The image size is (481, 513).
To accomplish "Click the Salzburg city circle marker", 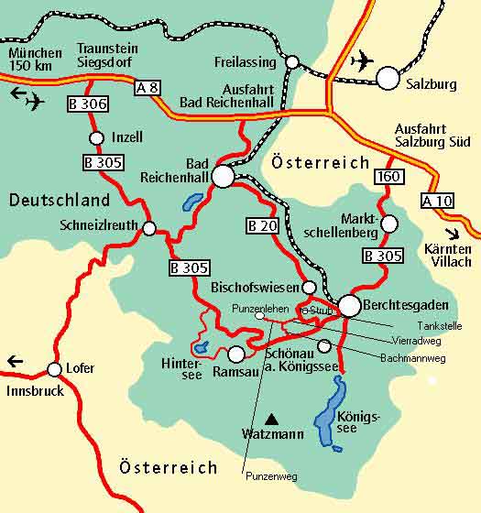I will pos(388,78).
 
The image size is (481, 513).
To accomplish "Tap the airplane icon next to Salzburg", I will pos(363,61).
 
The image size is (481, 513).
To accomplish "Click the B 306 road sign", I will pos(89,104).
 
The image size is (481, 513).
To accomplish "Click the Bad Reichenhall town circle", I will pos(223,176).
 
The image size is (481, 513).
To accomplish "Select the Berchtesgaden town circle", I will pos(349,305).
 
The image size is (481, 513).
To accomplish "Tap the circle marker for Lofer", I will pos(54,369).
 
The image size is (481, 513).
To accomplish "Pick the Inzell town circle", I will pos(96,137).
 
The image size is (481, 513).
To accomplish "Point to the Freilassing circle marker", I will pos(292,62).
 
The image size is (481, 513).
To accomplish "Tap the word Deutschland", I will pos(60,200).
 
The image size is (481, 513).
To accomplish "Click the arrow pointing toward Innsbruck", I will pos(15,361).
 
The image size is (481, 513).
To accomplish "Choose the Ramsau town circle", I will pos(236,353).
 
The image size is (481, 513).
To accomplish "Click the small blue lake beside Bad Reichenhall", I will pos(192,202).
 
